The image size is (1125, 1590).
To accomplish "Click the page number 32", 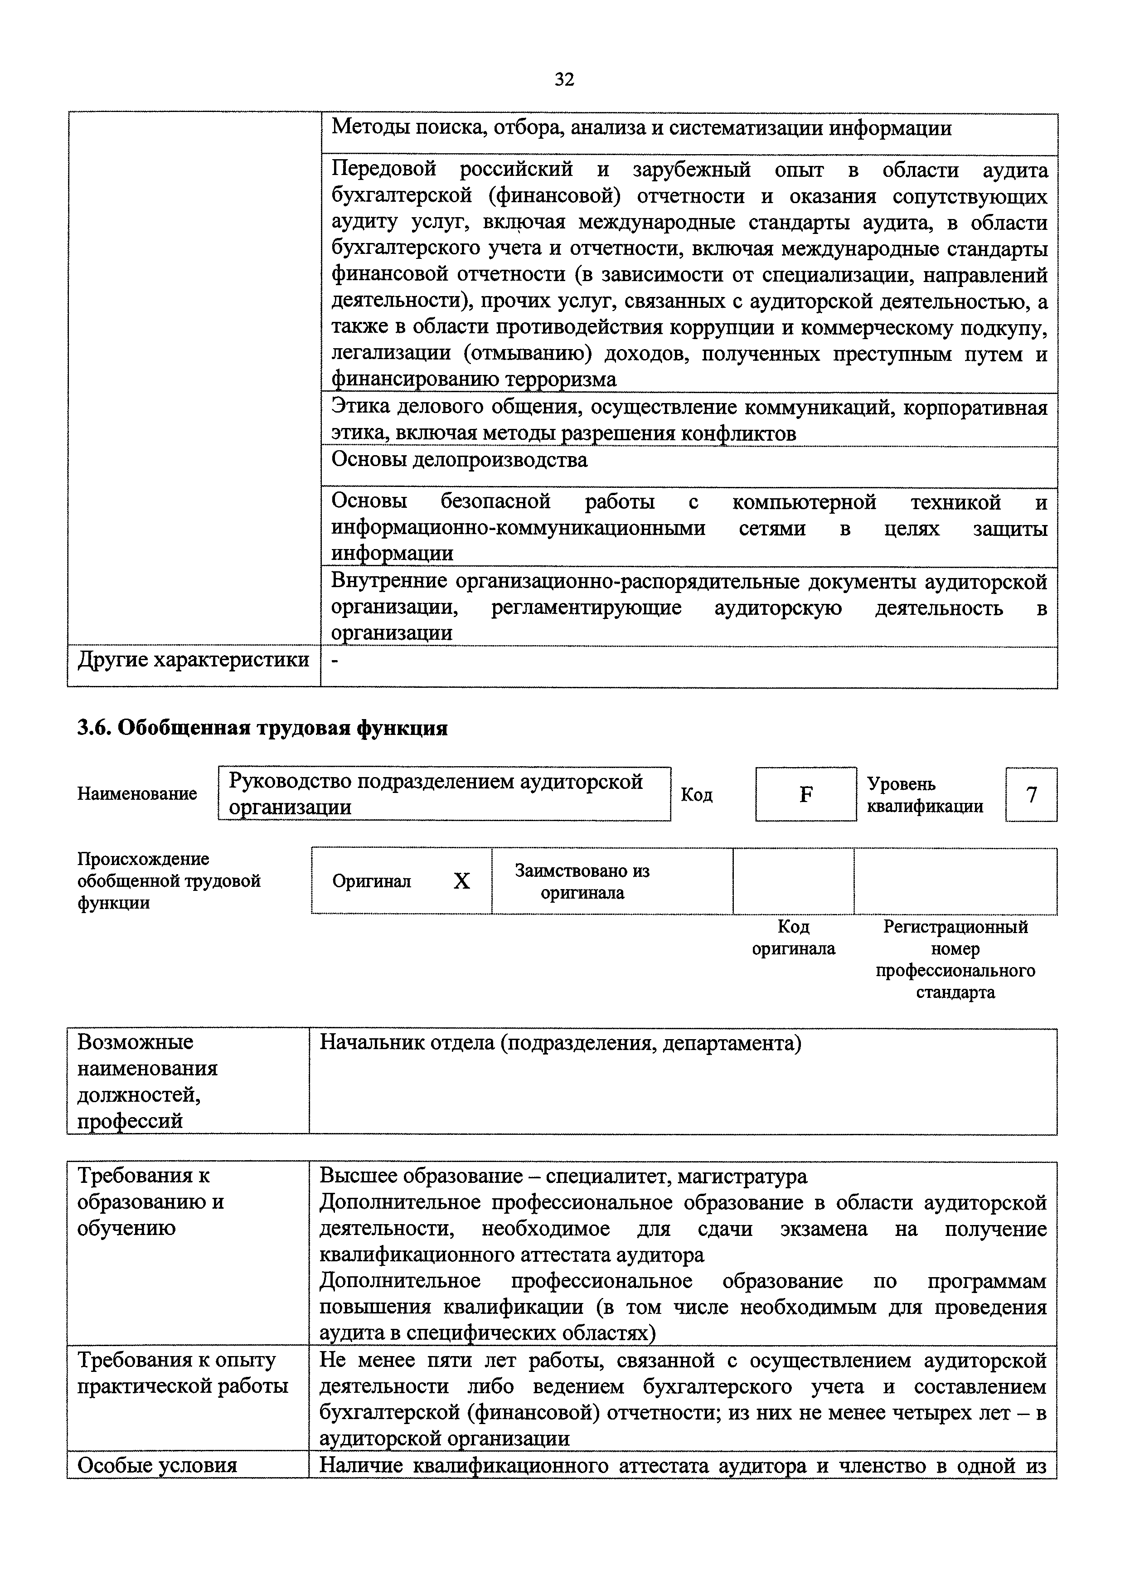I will click(564, 80).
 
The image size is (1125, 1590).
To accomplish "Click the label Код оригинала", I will click(793, 938).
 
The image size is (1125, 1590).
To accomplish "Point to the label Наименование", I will click(137, 793).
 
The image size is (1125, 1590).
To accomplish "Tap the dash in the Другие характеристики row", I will click(336, 661).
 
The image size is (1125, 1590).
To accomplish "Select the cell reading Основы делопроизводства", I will click(459, 460).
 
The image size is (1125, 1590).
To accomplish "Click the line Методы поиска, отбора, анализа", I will click(641, 128).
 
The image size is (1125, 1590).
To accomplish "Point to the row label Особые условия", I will click(157, 1465).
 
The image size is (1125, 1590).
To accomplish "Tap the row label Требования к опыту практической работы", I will click(182, 1373).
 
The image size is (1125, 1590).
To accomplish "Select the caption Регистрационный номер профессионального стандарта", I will click(955, 959).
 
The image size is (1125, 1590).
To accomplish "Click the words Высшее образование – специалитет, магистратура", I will click(562, 1177).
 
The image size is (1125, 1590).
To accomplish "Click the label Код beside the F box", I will click(696, 795).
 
